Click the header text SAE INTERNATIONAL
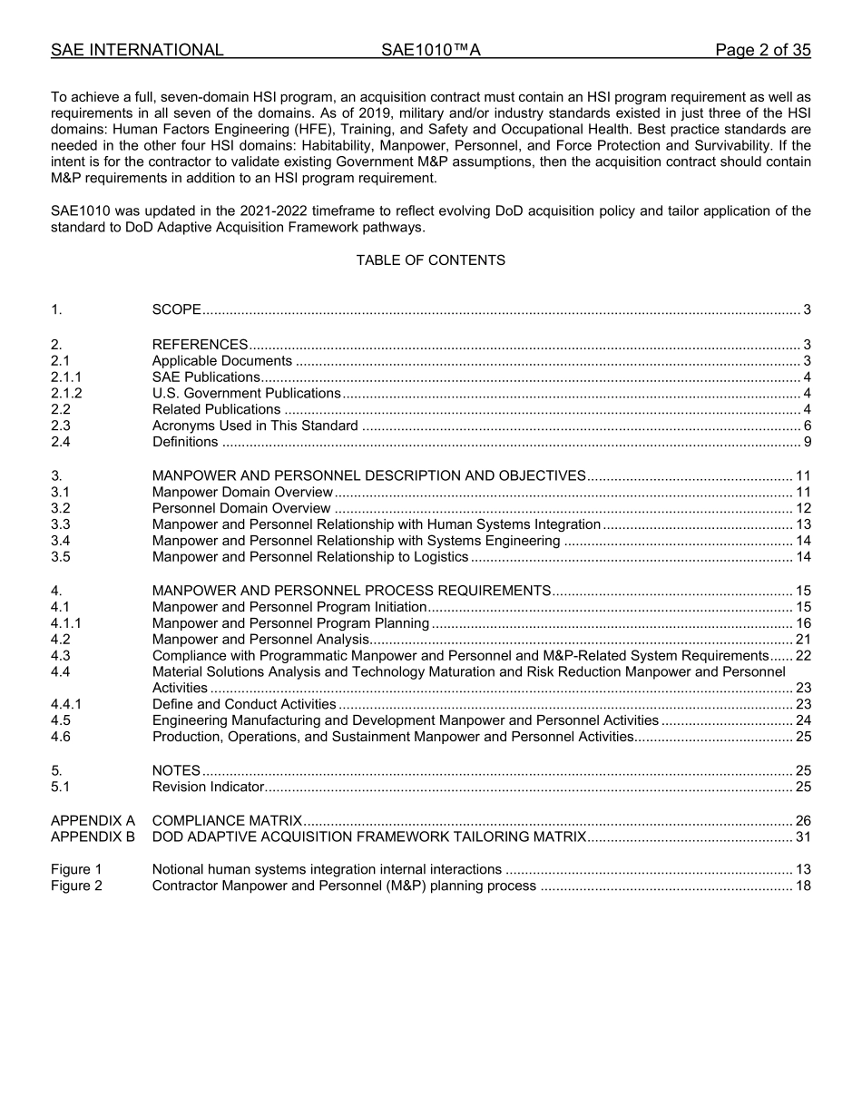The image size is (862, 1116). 137,50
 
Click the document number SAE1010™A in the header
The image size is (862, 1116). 430,50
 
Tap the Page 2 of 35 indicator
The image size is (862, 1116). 762,50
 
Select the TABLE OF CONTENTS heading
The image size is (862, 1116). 430,260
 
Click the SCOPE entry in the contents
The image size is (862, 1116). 177,310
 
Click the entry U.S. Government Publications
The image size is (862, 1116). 246,394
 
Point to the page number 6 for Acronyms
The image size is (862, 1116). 807,426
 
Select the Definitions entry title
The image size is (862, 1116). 185,443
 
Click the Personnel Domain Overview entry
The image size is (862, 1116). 241,508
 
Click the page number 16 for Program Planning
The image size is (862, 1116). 802,623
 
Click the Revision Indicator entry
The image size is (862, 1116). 208,787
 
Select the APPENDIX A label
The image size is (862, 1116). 93,820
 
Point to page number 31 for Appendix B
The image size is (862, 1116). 802,837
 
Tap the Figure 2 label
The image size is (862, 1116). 76,886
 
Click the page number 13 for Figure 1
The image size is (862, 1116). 802,869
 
